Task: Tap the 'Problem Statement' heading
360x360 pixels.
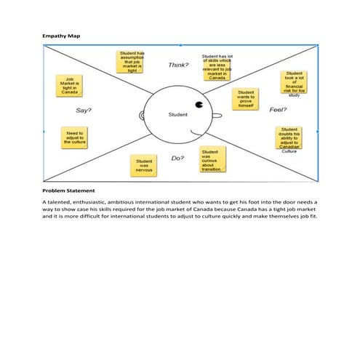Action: [x=68, y=191]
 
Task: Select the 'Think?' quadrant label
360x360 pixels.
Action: [x=178, y=65]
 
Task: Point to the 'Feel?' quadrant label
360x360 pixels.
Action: [x=279, y=110]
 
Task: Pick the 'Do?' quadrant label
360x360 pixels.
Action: [x=177, y=158]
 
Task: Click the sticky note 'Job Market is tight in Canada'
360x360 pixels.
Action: [x=70, y=87]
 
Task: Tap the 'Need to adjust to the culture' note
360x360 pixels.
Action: [x=75, y=137]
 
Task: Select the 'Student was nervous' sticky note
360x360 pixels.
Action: [x=144, y=165]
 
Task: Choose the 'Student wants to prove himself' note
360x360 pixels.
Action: [x=246, y=99]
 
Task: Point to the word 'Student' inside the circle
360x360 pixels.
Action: [x=177, y=115]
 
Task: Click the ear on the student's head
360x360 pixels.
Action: [x=140, y=116]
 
